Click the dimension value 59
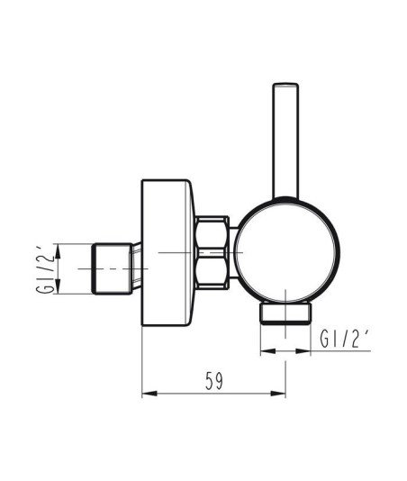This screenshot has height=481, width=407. [214, 381]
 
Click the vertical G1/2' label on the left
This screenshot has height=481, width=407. [44, 269]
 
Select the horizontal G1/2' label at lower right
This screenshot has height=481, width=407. [345, 339]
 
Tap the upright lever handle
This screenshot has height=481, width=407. [285, 141]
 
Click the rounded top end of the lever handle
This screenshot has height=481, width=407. [285, 84]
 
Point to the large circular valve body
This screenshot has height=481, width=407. [287, 250]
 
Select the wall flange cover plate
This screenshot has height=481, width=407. [167, 252]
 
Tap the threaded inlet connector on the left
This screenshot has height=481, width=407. [113, 268]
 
